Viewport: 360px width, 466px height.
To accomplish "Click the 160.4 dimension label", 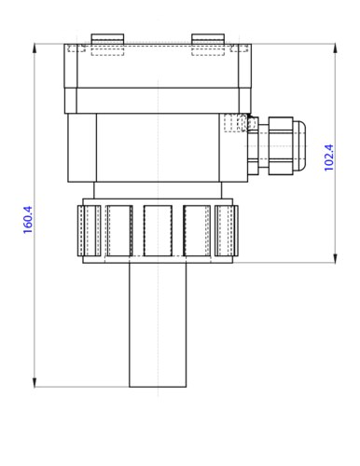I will pos(29,222).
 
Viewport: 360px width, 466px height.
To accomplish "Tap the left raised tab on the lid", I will pos(106,38).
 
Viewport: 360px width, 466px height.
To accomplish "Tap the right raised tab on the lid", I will pos(209,38).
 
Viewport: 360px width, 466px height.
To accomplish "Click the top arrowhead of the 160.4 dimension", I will pos(35,47).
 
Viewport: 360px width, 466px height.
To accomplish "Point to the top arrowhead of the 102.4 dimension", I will pos(334,47).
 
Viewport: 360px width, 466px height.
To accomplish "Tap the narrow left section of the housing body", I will pos(82,146).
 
